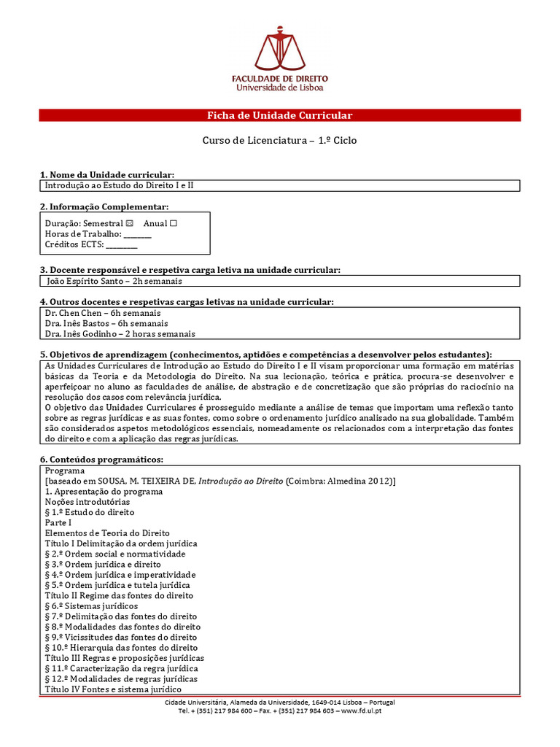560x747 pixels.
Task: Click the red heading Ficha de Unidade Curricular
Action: click(280, 115)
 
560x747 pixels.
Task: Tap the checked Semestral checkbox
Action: click(130, 223)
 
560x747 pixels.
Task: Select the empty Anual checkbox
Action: click(173, 223)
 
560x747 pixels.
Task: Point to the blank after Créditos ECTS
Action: click(121, 244)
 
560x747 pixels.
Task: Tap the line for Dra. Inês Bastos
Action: click(106, 323)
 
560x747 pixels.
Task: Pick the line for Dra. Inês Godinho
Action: click(120, 334)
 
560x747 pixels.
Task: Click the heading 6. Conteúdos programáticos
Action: click(101, 459)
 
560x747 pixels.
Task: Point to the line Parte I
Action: click(58, 522)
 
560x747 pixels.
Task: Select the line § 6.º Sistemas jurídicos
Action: click(91, 605)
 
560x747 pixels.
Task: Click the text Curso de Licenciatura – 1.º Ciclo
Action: click(280, 141)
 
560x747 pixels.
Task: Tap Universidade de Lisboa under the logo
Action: click(280, 88)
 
